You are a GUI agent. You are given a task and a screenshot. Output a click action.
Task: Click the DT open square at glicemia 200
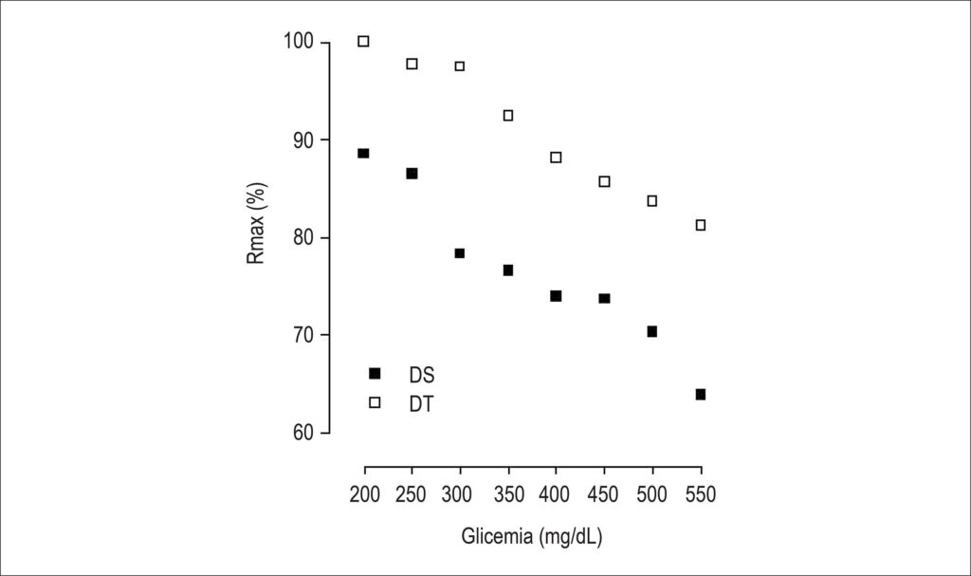[x=363, y=42]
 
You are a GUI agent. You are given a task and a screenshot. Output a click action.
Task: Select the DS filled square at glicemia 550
[x=701, y=395]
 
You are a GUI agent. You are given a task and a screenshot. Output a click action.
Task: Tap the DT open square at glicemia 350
[x=508, y=116]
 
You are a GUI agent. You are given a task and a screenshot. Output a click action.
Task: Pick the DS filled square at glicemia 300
[x=460, y=253]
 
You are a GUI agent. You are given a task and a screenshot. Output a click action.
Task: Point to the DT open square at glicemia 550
[x=701, y=225]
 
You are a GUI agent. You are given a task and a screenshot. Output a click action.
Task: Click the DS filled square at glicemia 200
[x=363, y=153]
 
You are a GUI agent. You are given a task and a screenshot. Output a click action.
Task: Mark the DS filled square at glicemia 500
[x=652, y=332]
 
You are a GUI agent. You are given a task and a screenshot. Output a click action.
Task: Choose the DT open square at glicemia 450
[x=604, y=181]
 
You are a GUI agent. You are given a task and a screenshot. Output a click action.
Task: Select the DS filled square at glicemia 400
[x=556, y=296]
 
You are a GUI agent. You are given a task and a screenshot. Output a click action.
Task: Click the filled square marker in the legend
[x=375, y=373]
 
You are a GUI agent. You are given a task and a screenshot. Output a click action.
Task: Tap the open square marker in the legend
[x=375, y=402]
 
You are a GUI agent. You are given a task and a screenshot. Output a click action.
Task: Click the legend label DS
[x=422, y=375]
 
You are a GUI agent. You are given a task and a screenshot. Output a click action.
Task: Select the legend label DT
[x=421, y=404]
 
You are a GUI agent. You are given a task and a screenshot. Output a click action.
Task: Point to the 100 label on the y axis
[x=299, y=41]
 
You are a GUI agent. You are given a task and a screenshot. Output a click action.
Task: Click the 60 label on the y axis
[x=303, y=432]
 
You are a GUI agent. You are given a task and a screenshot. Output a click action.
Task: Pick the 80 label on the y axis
[x=303, y=237]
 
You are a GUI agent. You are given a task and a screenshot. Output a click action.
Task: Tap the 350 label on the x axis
[x=509, y=494]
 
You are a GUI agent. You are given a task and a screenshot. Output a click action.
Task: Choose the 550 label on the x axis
[x=701, y=494]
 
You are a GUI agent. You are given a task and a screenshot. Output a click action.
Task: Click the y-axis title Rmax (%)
[x=256, y=223]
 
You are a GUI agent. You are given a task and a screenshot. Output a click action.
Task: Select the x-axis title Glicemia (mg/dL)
[x=532, y=536]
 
